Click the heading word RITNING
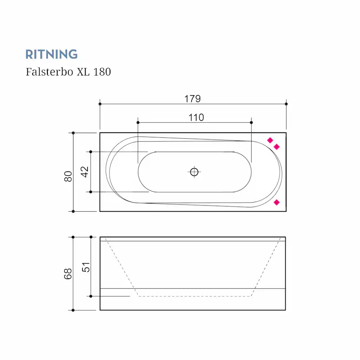point(51,54)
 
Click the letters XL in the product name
point(83,72)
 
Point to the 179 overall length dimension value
point(192,99)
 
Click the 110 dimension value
point(196,117)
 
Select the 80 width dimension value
point(68,176)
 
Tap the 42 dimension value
point(85,172)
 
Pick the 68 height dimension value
point(68,273)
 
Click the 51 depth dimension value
point(86,267)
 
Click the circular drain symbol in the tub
point(194,172)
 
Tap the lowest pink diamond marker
point(276,202)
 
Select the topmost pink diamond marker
point(270,140)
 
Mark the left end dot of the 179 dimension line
point(100,104)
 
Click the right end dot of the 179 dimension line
point(286,103)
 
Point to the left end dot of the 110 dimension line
point(138,122)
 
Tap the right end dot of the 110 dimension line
point(252,122)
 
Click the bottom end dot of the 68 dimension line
point(73,310)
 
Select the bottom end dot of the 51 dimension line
point(90,296)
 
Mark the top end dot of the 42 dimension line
point(90,151)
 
